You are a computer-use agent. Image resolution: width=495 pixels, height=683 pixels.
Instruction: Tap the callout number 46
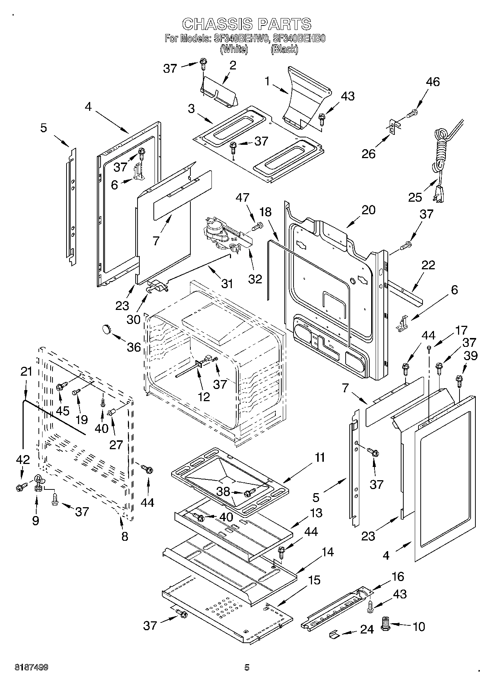point(433,82)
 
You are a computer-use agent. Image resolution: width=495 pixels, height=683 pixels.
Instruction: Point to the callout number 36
point(134,347)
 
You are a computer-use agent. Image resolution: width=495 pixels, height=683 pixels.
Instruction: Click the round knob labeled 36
point(106,328)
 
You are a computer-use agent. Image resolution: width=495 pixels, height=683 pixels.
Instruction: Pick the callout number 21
point(26,371)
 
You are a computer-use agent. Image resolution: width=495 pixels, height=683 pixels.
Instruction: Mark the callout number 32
point(255,279)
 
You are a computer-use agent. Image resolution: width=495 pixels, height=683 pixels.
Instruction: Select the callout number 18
point(265,212)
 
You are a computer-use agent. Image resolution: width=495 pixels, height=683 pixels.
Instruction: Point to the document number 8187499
point(31,667)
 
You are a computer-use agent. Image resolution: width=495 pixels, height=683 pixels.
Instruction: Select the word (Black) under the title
point(284,49)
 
